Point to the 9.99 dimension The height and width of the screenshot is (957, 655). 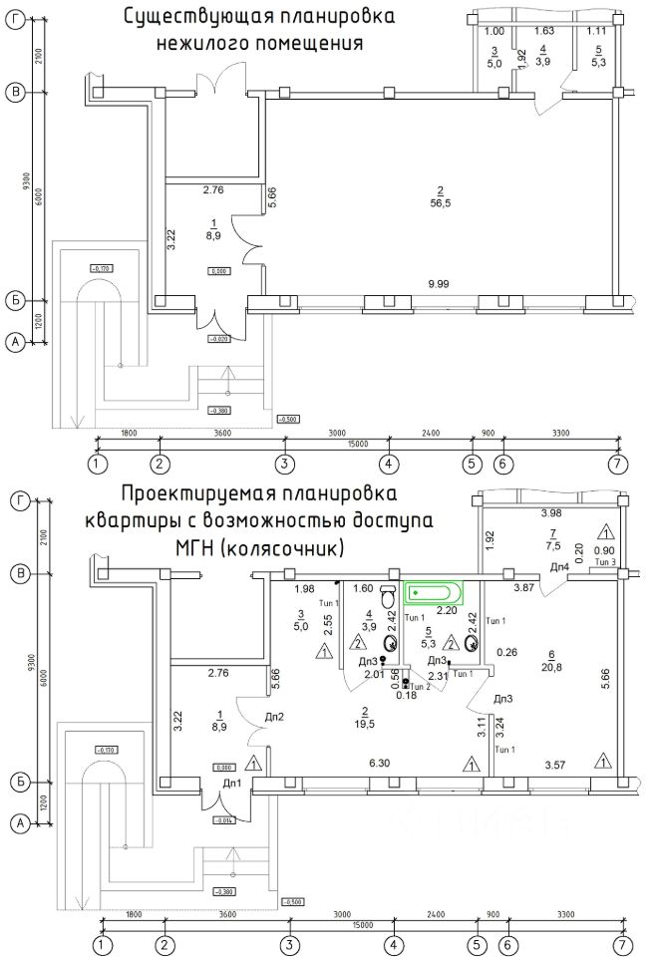(x=440, y=284)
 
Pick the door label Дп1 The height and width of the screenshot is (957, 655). (x=232, y=784)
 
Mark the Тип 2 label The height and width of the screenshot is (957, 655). (x=422, y=688)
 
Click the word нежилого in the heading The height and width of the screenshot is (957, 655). (x=193, y=44)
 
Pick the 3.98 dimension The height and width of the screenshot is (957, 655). (x=550, y=513)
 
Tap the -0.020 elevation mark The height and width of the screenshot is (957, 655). (x=219, y=339)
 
